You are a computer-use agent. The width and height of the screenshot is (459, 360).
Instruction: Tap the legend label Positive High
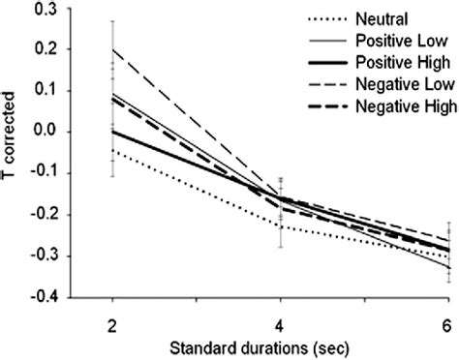[399, 63]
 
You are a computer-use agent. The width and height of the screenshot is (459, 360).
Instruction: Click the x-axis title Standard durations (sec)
[281, 345]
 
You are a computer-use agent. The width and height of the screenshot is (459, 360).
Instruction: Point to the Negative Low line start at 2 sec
[113, 48]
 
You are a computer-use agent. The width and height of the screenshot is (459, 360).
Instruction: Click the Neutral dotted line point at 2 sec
[113, 151]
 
